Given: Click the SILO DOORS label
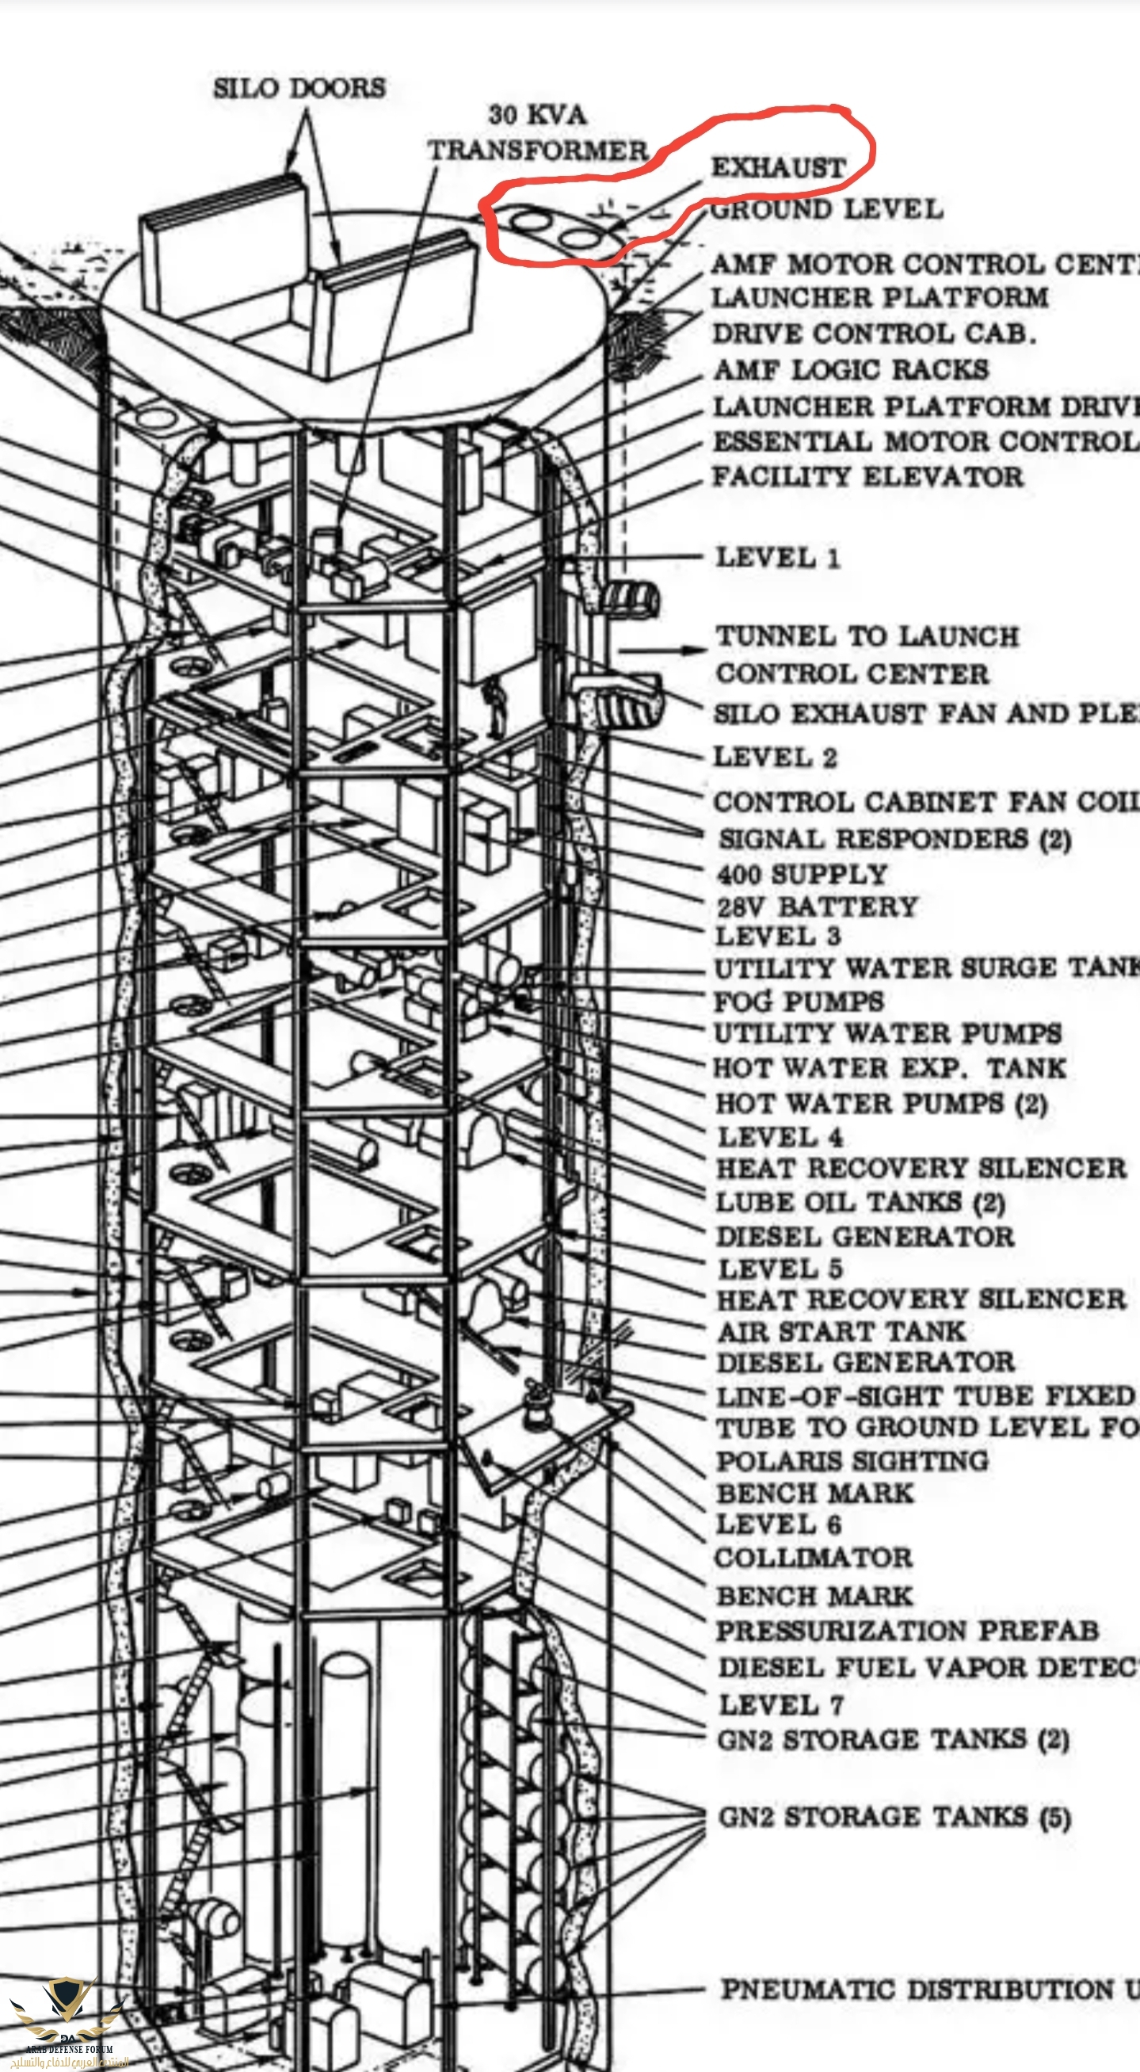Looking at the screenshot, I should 299,88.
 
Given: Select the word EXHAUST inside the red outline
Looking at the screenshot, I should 778,167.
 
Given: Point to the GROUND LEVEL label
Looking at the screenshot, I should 826,210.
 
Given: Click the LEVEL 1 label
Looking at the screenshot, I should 777,557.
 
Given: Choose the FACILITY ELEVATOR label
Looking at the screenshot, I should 867,476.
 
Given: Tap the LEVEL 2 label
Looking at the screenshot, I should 776,757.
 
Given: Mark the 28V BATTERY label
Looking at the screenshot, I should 817,906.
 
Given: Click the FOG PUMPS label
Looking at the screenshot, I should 799,1002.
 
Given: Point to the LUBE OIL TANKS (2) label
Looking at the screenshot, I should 860,1203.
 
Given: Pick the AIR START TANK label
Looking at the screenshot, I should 841,1331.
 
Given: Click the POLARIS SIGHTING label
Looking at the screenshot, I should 852,1460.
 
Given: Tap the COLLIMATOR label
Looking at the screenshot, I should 814,1557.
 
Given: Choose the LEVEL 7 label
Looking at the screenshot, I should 780,1704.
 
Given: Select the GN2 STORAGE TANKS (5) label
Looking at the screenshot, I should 894,1817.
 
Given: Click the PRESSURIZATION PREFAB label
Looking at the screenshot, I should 907,1631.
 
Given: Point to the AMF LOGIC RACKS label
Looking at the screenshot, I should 852,370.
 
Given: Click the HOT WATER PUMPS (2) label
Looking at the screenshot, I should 881,1104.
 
